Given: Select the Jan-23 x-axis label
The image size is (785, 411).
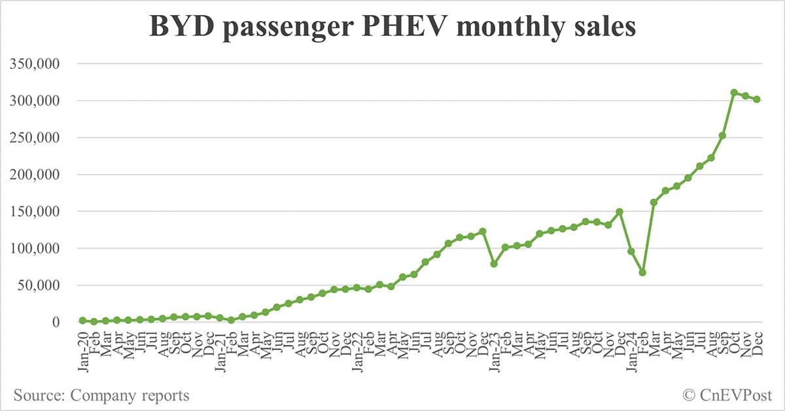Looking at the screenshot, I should pyautogui.click(x=494, y=350).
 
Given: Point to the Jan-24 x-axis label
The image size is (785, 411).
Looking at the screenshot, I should pyautogui.click(x=631, y=350).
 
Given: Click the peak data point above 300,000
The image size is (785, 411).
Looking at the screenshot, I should pyautogui.click(x=734, y=92).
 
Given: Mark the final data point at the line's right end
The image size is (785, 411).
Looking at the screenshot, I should pyautogui.click(x=757, y=99).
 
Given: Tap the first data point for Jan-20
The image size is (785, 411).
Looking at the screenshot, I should pyautogui.click(x=82, y=320).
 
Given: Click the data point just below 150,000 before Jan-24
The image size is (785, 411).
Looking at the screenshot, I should pyautogui.click(x=619, y=211).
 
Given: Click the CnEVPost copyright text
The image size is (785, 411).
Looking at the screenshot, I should pyautogui.click(x=727, y=395).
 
